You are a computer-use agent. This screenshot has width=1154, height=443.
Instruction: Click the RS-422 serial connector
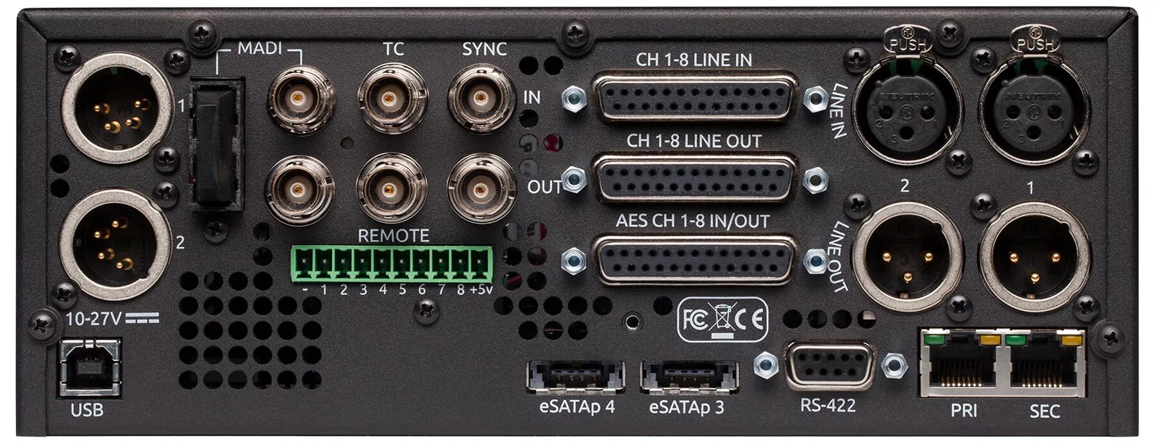coord(829,365)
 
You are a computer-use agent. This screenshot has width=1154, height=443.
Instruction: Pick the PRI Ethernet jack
coord(963,365)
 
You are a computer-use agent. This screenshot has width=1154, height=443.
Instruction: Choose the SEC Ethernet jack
coord(1045,365)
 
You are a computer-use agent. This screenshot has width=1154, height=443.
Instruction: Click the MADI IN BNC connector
coord(299,99)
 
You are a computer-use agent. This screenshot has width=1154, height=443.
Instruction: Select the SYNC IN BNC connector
coord(480,99)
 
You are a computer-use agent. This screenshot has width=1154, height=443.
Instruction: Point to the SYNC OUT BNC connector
coord(480,189)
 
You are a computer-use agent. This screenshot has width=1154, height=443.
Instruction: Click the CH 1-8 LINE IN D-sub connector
coord(694,97)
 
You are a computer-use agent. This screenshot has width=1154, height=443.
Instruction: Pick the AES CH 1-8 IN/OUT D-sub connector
coord(694,258)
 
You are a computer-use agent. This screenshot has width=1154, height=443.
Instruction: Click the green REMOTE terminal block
coord(392,263)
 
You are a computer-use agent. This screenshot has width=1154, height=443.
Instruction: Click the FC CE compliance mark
coord(722,319)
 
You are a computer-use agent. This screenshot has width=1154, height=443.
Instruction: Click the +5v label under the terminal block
coord(481,290)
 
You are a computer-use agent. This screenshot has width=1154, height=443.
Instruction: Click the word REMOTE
coord(393,235)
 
